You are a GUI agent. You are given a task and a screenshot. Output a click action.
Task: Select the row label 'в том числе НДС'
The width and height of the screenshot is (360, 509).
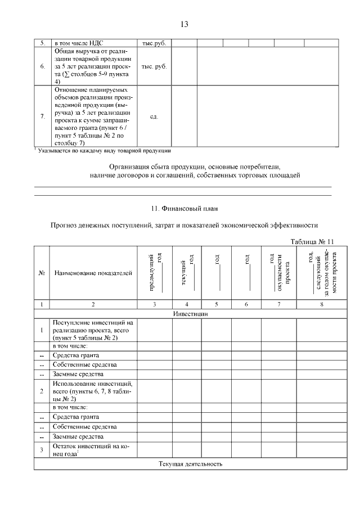[79, 43]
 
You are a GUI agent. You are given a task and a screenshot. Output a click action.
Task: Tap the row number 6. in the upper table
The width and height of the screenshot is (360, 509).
[43, 66]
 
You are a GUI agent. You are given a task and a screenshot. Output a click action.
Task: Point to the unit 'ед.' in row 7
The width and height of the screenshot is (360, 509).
[154, 117]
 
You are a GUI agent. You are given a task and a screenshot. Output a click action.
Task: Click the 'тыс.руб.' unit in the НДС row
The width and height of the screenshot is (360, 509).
[154, 43]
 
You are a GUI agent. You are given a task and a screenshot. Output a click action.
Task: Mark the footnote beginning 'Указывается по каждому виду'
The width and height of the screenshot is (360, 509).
[103, 151]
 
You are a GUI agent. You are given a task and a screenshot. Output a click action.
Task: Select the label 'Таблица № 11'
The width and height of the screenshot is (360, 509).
[312, 241]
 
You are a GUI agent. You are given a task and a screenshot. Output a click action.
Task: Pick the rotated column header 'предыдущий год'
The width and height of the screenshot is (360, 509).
[155, 273]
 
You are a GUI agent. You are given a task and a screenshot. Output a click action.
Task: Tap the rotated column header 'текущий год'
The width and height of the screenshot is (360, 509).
[190, 273]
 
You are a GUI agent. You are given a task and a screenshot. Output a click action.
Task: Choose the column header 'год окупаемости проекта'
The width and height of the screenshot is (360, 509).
[278, 273]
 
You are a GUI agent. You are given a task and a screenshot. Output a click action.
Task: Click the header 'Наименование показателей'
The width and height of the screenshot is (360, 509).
[93, 273]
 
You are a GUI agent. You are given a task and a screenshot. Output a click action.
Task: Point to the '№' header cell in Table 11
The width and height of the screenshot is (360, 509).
[42, 273]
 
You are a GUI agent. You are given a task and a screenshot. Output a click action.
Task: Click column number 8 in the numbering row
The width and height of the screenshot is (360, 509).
[322, 304]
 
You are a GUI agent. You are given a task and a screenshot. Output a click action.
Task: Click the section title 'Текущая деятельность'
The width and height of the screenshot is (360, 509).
[191, 464]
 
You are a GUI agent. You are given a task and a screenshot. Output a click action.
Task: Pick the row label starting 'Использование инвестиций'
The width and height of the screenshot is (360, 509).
[93, 391]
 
